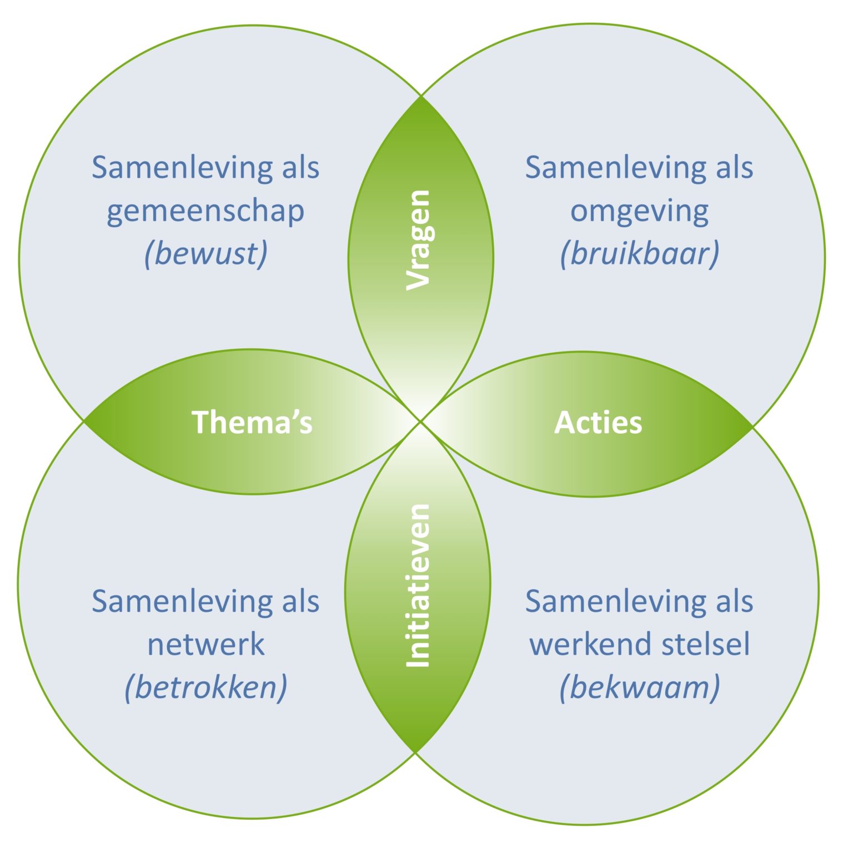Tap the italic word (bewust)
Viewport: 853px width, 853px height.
[x=206, y=254]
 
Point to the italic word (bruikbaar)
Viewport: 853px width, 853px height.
[x=639, y=254]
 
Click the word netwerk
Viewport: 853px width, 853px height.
[x=206, y=645]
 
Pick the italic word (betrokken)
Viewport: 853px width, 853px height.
[x=206, y=688]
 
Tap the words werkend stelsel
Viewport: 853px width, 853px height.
[x=639, y=645]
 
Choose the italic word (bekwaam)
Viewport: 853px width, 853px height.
[x=639, y=688]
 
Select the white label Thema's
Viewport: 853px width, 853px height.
[x=252, y=422]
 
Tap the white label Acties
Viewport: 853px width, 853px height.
[x=598, y=423]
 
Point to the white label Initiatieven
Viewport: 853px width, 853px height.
[x=418, y=585]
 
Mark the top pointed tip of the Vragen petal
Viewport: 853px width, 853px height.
[x=422, y=97]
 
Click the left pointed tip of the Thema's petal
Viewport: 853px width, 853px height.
[x=84, y=420]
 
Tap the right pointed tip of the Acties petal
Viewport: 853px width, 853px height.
[x=752, y=426]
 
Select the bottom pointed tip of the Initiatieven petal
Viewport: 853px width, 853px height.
[x=415, y=752]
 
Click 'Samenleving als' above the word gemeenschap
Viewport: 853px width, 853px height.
[x=205, y=168]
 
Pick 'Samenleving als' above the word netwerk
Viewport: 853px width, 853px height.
[x=205, y=601]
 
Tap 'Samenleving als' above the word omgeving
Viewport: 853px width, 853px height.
[x=639, y=168]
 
